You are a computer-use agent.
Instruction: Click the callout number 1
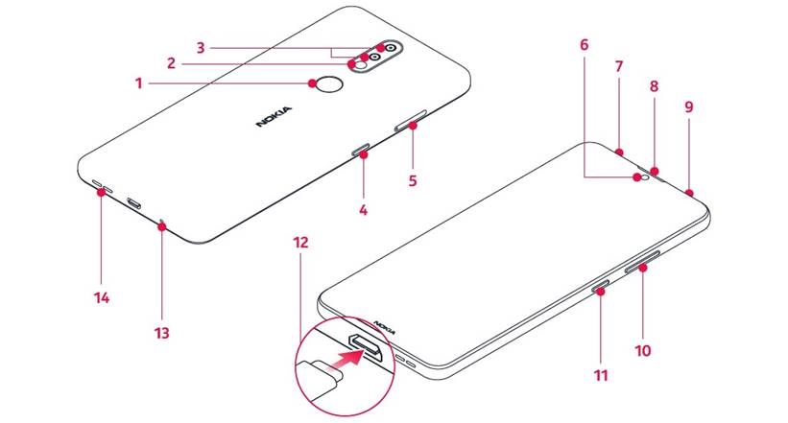pos(138,83)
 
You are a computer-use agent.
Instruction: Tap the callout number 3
pos(201,45)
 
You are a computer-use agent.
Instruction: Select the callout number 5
pos(414,178)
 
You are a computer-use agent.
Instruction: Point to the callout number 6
pos(584,45)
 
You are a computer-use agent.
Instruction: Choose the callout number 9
pos(688,107)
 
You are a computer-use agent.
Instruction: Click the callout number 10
pos(642,350)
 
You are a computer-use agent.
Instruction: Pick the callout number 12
pos(301,243)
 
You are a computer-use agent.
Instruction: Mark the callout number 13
pos(161,333)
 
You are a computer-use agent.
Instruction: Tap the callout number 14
pos(102,298)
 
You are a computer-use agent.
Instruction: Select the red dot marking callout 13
pos(163,227)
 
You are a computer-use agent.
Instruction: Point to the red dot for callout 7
pos(620,151)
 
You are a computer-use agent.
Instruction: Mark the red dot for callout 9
pos(689,190)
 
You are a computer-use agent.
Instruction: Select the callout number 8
pos(654,86)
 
